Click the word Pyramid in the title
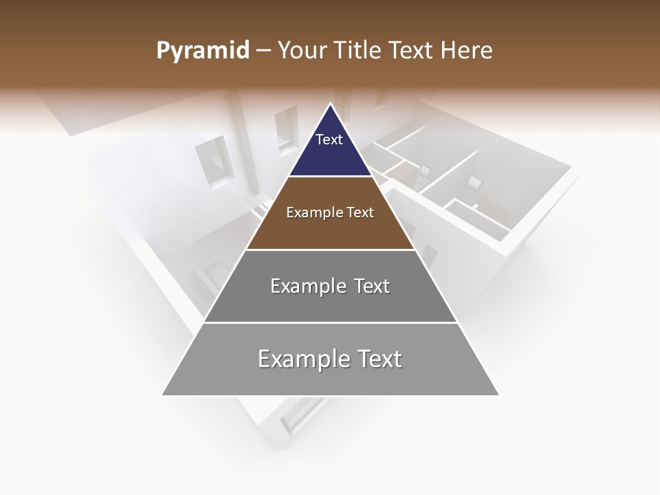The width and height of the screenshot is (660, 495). point(202,51)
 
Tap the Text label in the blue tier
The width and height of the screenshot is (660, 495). point(329,140)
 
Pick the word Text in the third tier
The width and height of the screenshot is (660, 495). point(372,286)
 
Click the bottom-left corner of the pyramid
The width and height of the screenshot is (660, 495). point(163,395)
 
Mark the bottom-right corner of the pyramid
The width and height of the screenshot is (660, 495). point(498,395)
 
